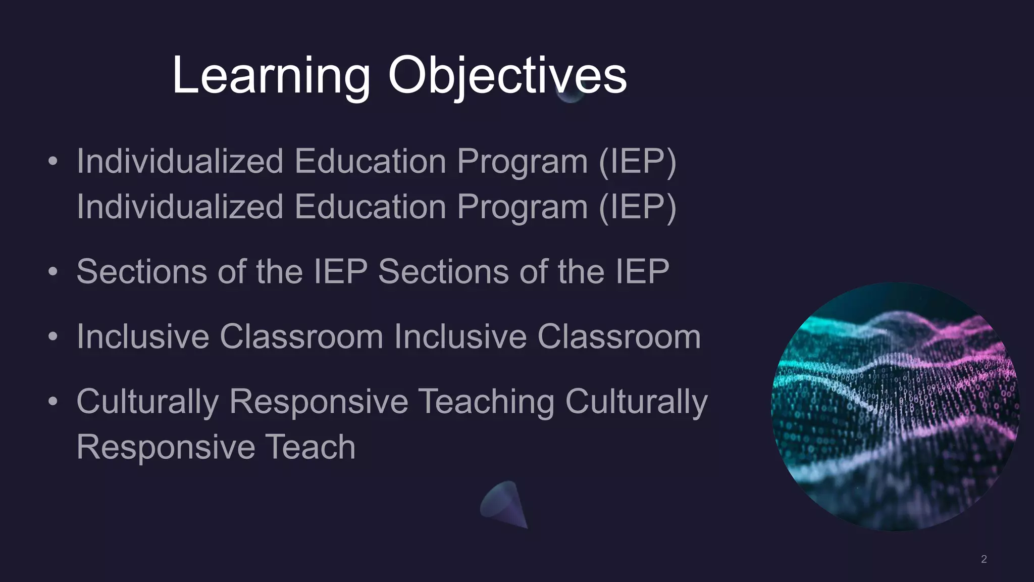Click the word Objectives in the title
click(x=507, y=76)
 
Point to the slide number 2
click(x=984, y=559)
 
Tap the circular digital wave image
click(x=895, y=407)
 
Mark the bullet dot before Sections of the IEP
click(x=53, y=272)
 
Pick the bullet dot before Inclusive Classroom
click(x=53, y=336)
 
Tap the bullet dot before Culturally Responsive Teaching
click(x=53, y=402)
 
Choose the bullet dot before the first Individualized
click(x=53, y=162)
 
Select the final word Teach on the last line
click(x=310, y=447)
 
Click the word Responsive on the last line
click(x=166, y=447)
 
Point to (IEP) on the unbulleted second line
click(x=637, y=207)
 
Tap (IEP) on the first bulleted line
click(x=637, y=162)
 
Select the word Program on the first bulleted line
click(x=522, y=162)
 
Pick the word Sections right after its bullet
click(x=142, y=272)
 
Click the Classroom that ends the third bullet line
click(x=618, y=336)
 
